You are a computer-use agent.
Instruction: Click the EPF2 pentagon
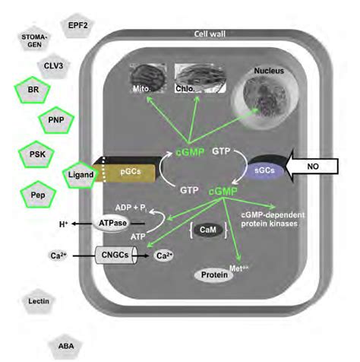[77, 26]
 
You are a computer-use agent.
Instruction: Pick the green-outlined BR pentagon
[33, 90]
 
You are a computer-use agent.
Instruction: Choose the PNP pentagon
[55, 120]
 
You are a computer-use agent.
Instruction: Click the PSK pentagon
[33, 153]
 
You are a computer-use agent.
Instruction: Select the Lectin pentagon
[39, 302]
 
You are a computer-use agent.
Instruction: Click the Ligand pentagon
[80, 175]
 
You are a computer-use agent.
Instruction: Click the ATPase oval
[111, 223]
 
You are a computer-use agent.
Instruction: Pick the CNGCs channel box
[114, 256]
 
